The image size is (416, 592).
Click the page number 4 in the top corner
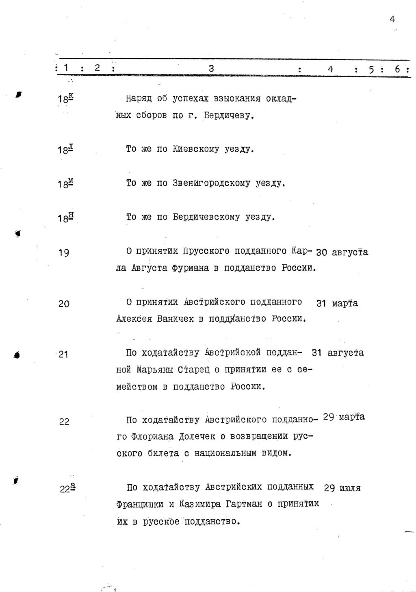[x=392, y=19]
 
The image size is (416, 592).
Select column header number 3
[x=211, y=69]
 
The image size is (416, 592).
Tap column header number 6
[x=397, y=70]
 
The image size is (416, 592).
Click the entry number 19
[x=64, y=253]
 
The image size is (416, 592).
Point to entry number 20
[x=64, y=304]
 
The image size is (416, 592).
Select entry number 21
[x=63, y=355]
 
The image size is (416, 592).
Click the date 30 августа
[x=342, y=252]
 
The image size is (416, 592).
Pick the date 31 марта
[x=337, y=303]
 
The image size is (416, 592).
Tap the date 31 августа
[x=338, y=353]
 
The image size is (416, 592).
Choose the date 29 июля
[x=342, y=488]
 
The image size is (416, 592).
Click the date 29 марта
[x=344, y=417]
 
